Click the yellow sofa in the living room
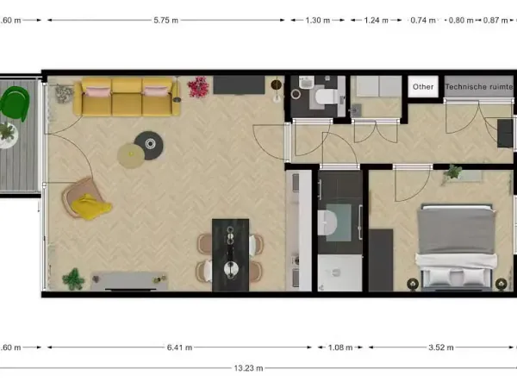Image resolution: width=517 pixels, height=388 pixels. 130,97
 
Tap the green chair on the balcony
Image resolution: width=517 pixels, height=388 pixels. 16,103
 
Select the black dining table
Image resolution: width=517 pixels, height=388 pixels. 230,251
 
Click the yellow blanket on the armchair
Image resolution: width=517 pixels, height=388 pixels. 90,206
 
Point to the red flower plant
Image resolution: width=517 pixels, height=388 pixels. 199,86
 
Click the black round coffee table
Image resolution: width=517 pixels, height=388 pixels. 149,143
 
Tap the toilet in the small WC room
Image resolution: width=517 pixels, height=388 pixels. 321,97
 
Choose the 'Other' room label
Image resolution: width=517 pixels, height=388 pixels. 423,87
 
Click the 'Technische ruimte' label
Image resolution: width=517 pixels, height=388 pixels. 478,87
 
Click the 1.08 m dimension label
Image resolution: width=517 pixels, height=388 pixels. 341,348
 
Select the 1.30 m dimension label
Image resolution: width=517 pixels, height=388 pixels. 318,20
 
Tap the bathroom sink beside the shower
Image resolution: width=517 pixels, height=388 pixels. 327,222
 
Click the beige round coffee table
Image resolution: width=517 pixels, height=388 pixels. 130,155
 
